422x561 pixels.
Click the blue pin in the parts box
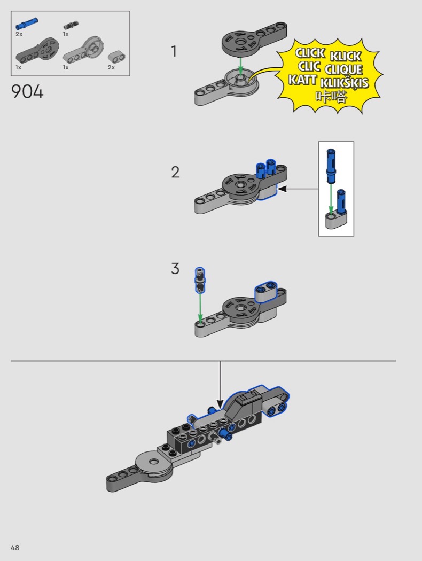[x=27, y=24]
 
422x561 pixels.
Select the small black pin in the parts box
[x=71, y=26]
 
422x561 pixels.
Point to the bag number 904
[x=28, y=91]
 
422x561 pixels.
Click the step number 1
[x=174, y=51]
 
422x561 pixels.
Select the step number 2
[x=175, y=172]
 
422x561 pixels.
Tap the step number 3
[x=175, y=268]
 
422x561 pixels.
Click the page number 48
[x=15, y=548]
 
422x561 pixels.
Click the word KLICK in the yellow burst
[x=346, y=56]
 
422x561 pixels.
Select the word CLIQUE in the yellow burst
[x=343, y=69]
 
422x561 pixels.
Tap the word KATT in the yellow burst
[x=302, y=80]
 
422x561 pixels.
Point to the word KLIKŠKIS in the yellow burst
[x=344, y=83]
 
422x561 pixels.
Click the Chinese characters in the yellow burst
[x=331, y=96]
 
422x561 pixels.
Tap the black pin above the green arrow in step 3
[x=200, y=279]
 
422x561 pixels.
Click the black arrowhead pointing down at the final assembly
[x=220, y=404]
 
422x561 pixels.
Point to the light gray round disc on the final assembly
[x=154, y=465]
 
